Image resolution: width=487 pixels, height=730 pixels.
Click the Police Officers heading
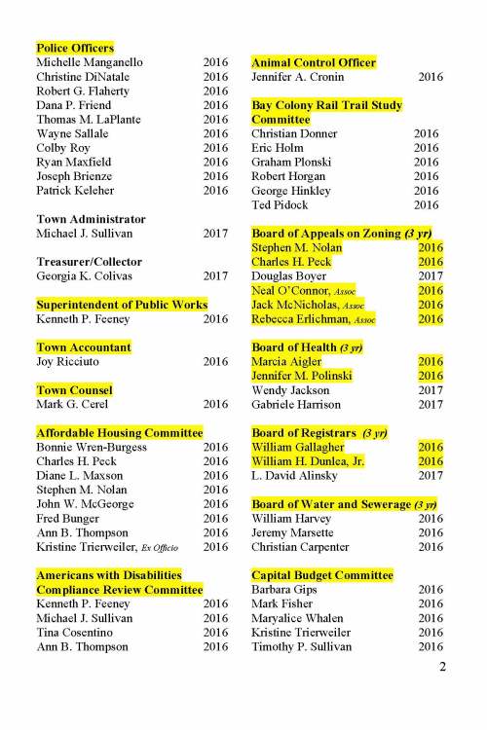coord(75,48)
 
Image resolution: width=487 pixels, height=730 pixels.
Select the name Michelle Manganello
coord(90,62)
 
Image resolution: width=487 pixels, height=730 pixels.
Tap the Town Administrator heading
coord(91,220)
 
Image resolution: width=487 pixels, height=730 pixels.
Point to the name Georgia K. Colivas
coord(88,276)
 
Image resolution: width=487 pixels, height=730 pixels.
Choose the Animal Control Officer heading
coord(314,62)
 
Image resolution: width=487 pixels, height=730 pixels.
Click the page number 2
coord(442,667)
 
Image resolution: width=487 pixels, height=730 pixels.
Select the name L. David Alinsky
coord(299,476)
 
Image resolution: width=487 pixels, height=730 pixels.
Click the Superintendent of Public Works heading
coord(122,305)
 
